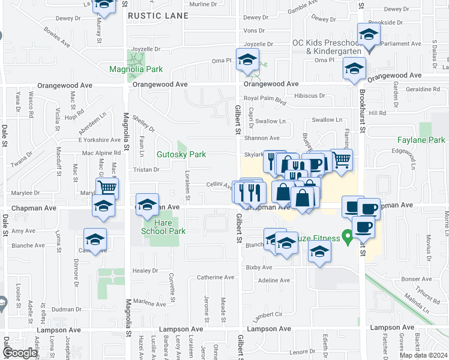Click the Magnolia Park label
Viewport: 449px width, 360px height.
[x=136, y=69]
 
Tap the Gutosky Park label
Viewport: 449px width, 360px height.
[x=181, y=154]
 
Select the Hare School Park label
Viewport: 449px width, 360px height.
[x=163, y=227]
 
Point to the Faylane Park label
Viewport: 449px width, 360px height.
[x=421, y=140]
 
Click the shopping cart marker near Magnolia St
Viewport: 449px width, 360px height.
[x=107, y=187]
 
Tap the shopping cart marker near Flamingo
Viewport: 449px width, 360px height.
[x=341, y=159]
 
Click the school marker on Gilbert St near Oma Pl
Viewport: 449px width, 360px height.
[x=247, y=59]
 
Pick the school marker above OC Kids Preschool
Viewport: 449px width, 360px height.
[x=369, y=34]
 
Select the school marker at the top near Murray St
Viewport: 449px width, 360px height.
[x=104, y=5]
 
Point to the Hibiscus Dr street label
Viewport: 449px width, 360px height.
[x=309, y=95]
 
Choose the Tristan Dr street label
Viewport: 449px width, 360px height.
[x=147, y=170]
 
